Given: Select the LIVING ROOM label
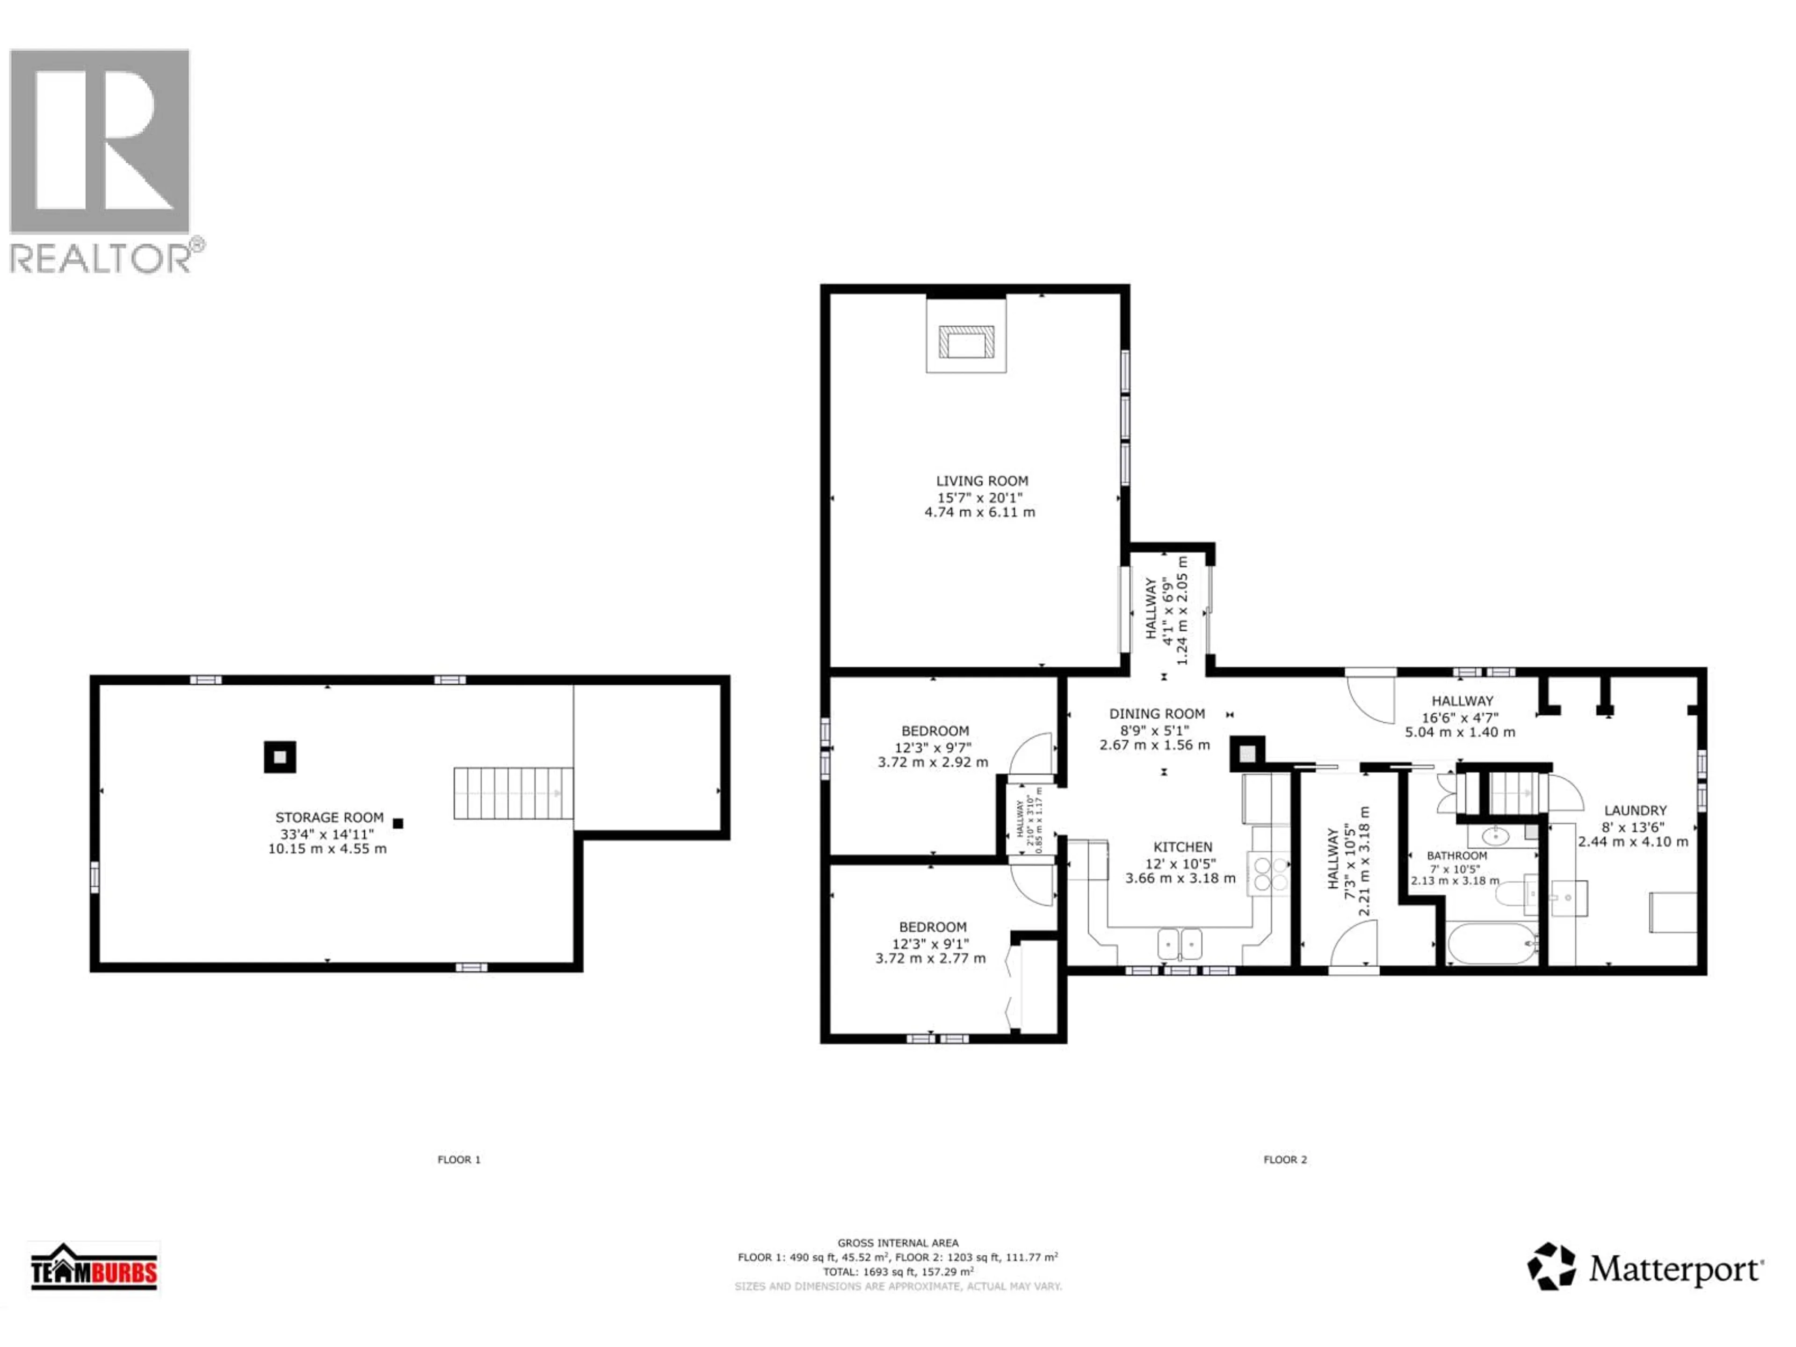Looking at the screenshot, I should pyautogui.click(x=982, y=481).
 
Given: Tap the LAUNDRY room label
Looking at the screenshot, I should pyautogui.click(x=1635, y=811).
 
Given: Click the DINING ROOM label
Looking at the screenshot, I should pyautogui.click(x=1157, y=714).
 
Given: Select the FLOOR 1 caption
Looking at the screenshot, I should pyautogui.click(x=459, y=1159).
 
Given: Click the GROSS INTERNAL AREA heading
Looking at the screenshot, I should pyautogui.click(x=898, y=1242).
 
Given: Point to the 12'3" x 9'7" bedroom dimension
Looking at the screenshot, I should pyautogui.click(x=934, y=747).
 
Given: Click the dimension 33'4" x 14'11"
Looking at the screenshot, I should pyautogui.click(x=327, y=834).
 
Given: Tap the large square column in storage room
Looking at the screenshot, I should pyautogui.click(x=279, y=757).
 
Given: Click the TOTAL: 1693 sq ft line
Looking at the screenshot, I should pyautogui.click(x=898, y=1272).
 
